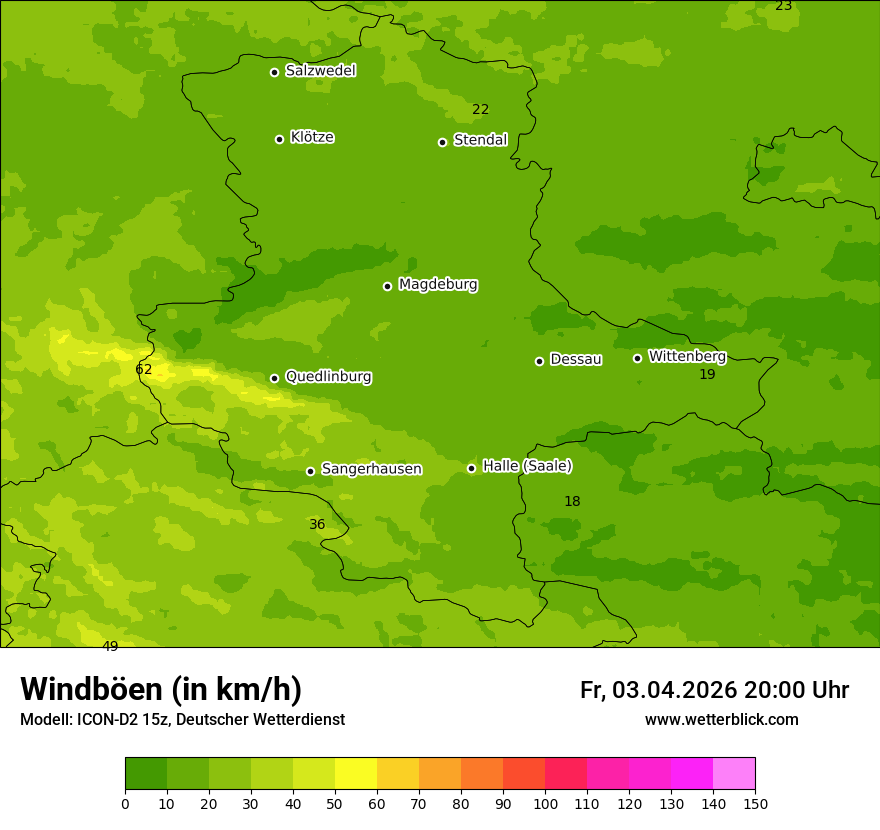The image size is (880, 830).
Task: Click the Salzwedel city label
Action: pyautogui.click(x=320, y=71)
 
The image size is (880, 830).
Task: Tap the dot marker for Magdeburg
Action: pyautogui.click(x=387, y=286)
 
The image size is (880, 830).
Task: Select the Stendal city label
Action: pyautogui.click(x=480, y=140)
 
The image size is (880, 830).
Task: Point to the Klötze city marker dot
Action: pyautogui.click(x=279, y=139)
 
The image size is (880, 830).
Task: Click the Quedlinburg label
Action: pyautogui.click(x=328, y=377)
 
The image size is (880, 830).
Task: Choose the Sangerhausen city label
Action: pyautogui.click(x=371, y=469)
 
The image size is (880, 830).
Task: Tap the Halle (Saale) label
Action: pyautogui.click(x=527, y=466)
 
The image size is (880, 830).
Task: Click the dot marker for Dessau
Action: pyautogui.click(x=539, y=361)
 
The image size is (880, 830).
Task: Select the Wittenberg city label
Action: pyautogui.click(x=687, y=356)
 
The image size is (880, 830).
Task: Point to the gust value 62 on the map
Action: pyautogui.click(x=144, y=369)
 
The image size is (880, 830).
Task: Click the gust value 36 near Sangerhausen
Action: pyautogui.click(x=317, y=524)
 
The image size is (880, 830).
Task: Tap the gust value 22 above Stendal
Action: pyautogui.click(x=480, y=109)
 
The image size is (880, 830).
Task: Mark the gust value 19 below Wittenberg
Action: pyautogui.click(x=707, y=374)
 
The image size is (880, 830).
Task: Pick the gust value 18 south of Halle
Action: pyautogui.click(x=572, y=501)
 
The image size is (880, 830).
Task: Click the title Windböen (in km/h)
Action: pyautogui.click(x=161, y=689)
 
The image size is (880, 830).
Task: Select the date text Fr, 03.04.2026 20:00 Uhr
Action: pyautogui.click(x=714, y=690)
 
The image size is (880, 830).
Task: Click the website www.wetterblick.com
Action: pyautogui.click(x=721, y=720)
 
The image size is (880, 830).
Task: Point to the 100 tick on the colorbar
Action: pyautogui.click(x=545, y=803)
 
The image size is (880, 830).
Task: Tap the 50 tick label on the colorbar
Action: pyautogui.click(x=335, y=803)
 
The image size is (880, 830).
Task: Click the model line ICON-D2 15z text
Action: pyautogui.click(x=182, y=720)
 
